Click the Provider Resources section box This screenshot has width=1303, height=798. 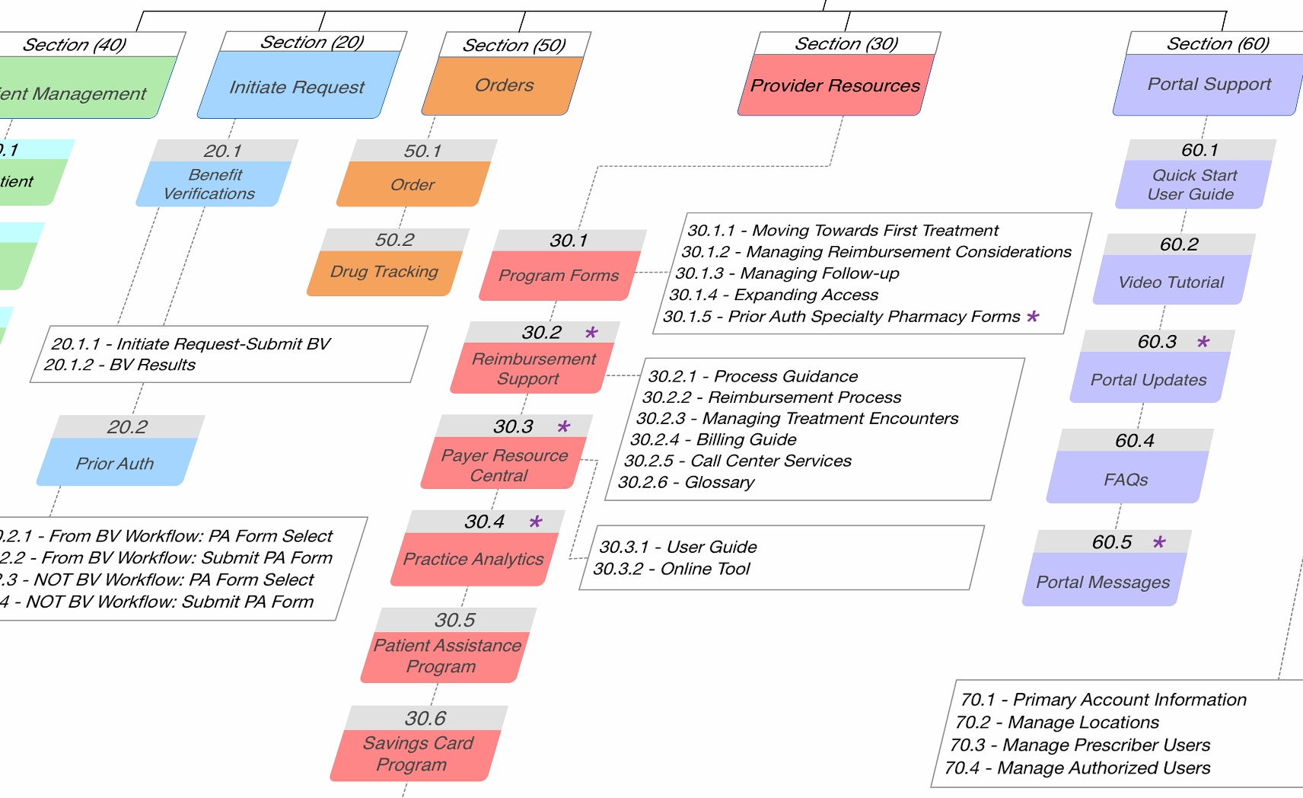(835, 85)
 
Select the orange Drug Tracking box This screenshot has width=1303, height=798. (384, 272)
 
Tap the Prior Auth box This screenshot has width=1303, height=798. (115, 463)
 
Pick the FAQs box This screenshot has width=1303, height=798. (1126, 479)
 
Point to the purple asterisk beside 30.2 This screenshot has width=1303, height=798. (591, 333)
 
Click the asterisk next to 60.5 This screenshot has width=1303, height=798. (1159, 542)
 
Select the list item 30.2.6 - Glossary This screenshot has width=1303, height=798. (687, 482)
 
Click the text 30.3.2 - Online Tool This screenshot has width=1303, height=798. (672, 569)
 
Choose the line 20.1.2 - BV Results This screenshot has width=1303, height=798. (119, 365)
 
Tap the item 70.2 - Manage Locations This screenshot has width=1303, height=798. (1057, 722)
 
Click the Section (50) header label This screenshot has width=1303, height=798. (514, 45)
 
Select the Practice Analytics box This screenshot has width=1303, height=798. (473, 559)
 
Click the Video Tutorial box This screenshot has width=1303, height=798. (1171, 282)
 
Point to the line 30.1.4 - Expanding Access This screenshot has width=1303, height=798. (773, 295)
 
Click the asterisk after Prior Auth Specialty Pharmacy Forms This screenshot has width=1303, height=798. (1033, 317)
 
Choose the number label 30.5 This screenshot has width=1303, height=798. (454, 620)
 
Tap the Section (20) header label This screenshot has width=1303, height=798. (312, 42)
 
